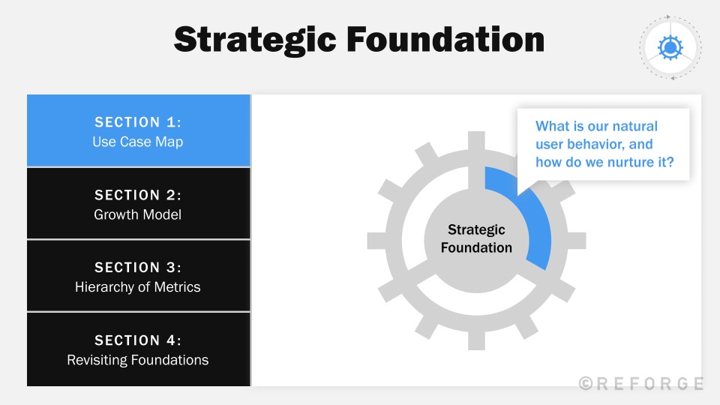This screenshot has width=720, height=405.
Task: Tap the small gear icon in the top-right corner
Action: (669, 47)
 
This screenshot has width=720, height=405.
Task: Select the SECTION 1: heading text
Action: (138, 122)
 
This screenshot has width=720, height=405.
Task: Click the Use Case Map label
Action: (138, 141)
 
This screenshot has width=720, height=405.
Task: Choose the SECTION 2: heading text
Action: (138, 195)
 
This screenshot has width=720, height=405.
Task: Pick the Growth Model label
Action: (138, 214)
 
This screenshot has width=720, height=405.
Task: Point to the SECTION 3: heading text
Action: (138, 268)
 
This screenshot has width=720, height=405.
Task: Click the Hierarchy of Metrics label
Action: (138, 286)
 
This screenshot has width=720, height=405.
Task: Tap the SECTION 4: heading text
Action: (138, 340)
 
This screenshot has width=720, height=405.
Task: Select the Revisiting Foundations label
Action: (138, 360)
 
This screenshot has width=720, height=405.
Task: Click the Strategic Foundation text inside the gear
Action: (476, 238)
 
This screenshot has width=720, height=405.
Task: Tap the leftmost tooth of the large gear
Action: (376, 240)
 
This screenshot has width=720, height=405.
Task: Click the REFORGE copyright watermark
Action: (649, 383)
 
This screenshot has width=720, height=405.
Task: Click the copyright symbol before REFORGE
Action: (586, 383)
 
